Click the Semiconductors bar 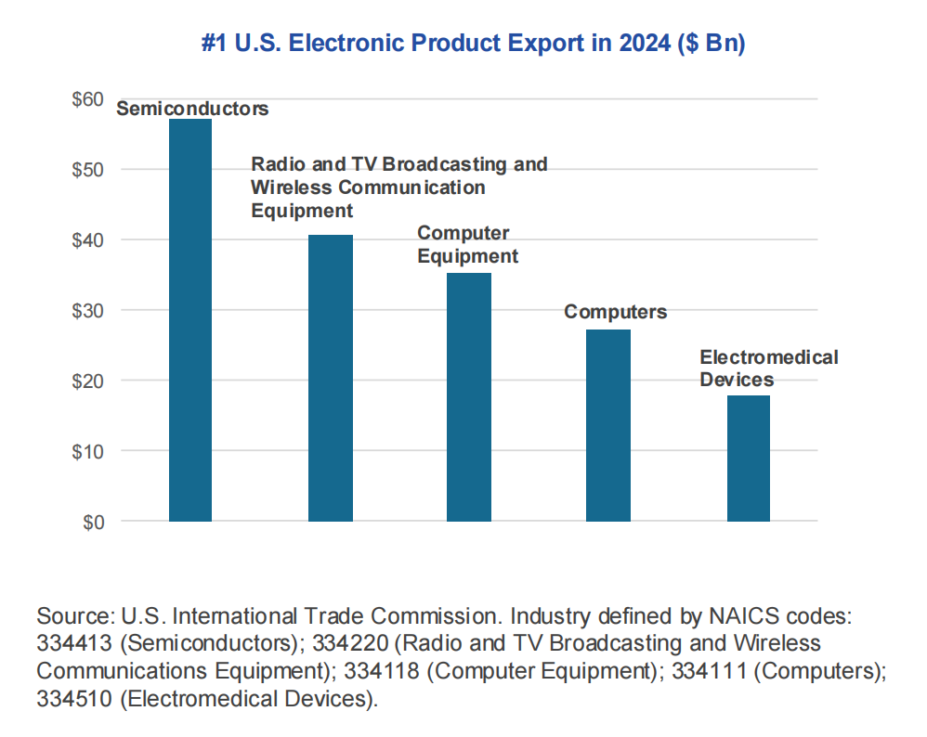point(190,320)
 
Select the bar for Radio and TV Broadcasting point(330,378)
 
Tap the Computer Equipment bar point(469,396)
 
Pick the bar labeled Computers point(608,425)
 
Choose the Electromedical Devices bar point(749,458)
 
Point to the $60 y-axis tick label point(88,98)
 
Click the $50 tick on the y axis point(88,169)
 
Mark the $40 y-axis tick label point(88,239)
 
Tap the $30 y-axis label point(88,310)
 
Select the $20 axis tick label point(88,381)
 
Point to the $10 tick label point(88,451)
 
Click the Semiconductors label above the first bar point(192,109)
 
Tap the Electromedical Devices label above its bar point(768,368)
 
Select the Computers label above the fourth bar point(615,312)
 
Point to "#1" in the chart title point(215,44)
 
